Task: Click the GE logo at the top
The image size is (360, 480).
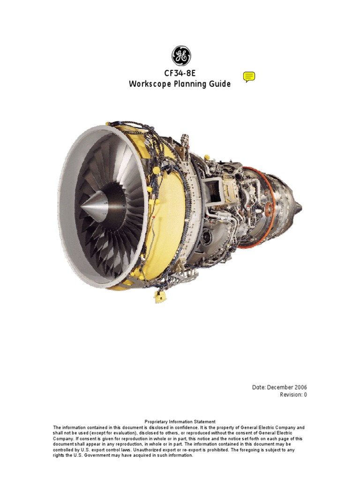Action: click(x=180, y=56)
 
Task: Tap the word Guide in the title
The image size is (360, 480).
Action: click(x=220, y=84)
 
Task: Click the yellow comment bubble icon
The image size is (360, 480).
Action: click(x=249, y=77)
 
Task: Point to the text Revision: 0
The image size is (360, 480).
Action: click(x=293, y=395)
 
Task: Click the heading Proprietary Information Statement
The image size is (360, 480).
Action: click(x=180, y=422)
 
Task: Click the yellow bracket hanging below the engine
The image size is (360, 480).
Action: click(x=159, y=296)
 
